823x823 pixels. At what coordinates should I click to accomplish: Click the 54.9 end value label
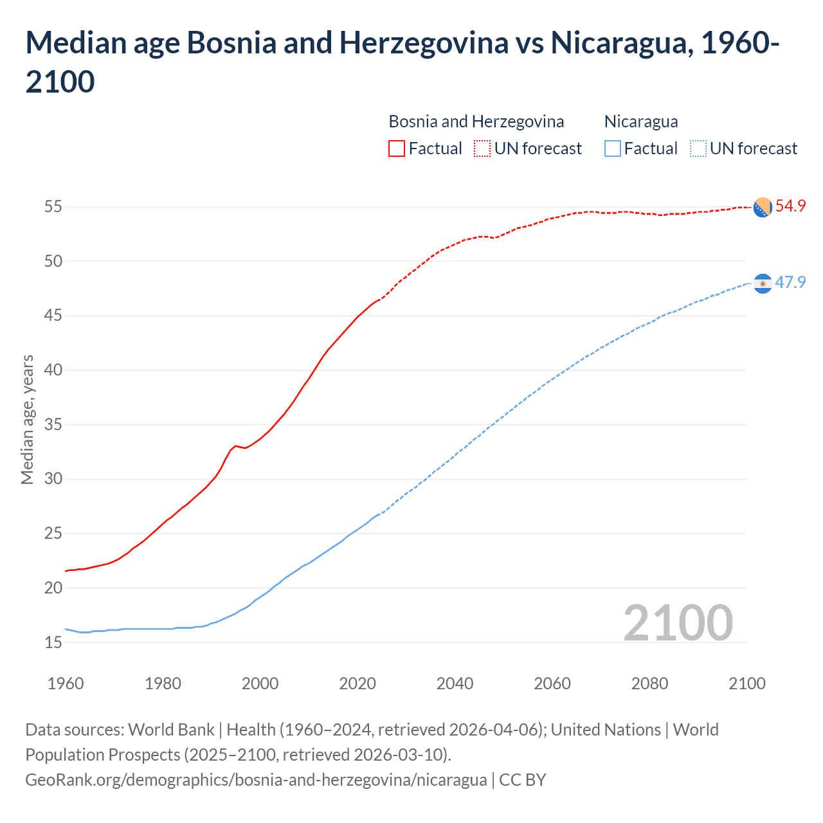(790, 206)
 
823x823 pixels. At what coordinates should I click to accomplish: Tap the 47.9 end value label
(790, 282)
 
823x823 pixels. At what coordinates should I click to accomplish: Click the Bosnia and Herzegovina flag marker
(763, 208)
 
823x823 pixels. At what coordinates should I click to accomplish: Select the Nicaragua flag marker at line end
(763, 284)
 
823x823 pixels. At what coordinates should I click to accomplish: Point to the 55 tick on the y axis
(53, 207)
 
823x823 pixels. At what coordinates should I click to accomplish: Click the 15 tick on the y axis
(53, 642)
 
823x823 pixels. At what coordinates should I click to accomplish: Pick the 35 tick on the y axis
(53, 424)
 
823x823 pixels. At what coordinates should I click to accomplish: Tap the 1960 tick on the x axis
(66, 683)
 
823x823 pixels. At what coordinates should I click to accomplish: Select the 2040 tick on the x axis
(455, 683)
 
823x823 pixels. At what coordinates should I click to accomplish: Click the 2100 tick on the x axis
(746, 683)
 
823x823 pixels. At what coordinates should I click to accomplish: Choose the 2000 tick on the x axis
(260, 683)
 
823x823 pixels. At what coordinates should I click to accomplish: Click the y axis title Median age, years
(27, 419)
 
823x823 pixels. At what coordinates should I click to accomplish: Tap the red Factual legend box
(397, 149)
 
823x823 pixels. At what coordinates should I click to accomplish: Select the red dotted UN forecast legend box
(482, 149)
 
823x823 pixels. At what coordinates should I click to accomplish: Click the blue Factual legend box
(613, 149)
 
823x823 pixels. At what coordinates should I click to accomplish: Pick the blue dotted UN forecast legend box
(698, 149)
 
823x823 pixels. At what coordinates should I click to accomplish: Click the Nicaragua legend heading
(641, 122)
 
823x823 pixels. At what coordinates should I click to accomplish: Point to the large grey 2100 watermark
(678, 622)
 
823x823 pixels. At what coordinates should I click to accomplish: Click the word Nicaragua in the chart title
(619, 43)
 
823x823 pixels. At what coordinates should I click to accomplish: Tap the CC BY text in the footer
(522, 780)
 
